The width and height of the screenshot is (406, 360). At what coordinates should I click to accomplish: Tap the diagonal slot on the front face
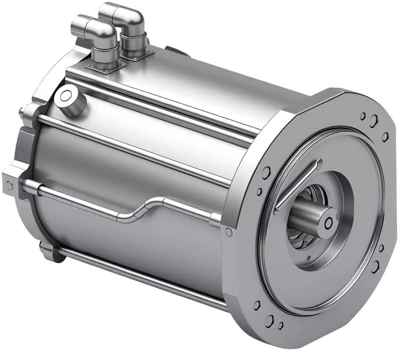click(297, 185)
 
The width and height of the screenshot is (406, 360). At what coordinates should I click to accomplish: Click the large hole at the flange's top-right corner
click(373, 121)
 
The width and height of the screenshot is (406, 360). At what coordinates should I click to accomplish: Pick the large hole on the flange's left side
click(266, 174)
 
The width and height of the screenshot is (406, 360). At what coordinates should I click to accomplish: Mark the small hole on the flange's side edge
click(229, 231)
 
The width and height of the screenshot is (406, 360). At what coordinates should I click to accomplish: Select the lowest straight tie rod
click(141, 276)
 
